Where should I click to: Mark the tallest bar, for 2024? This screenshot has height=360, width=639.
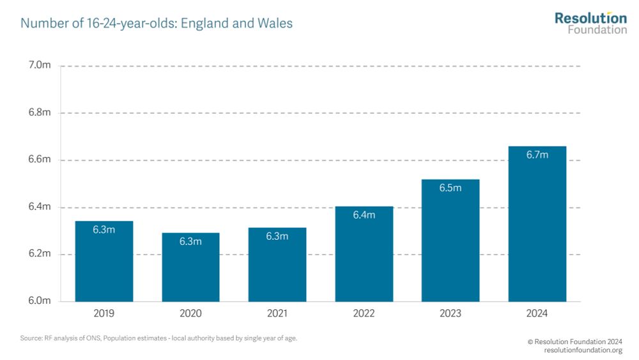point(537,224)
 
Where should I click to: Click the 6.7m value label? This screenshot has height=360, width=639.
point(537,155)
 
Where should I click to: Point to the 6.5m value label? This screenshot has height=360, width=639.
point(450,188)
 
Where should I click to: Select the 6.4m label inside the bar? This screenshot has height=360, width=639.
point(364,215)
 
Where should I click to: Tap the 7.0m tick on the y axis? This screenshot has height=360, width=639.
point(40,66)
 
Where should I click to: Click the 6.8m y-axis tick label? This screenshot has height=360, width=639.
point(40,113)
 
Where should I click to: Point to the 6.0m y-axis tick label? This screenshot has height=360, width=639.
point(40,301)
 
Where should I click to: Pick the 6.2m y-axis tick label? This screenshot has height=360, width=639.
point(40,254)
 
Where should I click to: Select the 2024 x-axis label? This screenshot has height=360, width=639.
point(537,313)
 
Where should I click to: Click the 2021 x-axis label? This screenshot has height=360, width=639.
point(277,313)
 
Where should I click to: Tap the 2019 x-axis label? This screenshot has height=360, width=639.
point(104,313)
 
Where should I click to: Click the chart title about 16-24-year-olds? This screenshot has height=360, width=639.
point(157,24)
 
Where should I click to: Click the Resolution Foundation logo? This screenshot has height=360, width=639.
point(590,22)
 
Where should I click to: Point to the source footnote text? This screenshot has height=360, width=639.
point(159,338)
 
